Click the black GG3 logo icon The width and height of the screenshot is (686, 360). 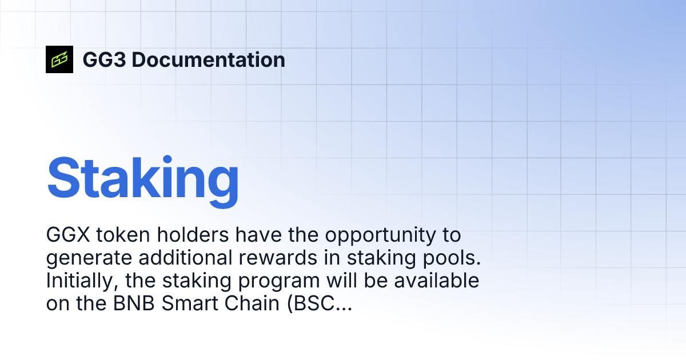point(59,59)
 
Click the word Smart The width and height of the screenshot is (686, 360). point(191,304)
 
